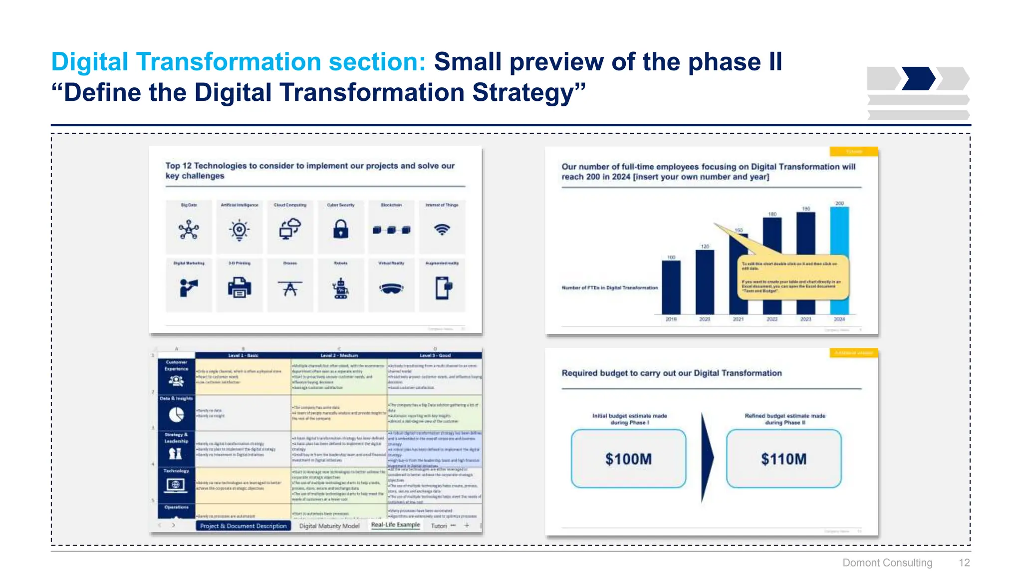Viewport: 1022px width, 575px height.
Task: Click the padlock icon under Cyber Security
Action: click(340, 230)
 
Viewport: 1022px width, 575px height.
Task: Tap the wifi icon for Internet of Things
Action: click(442, 230)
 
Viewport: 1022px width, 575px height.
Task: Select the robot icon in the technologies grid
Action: click(340, 288)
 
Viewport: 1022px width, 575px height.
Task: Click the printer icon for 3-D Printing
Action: click(240, 288)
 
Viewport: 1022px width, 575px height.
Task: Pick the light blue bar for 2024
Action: click(839, 260)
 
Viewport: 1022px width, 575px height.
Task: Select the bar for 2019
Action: click(671, 287)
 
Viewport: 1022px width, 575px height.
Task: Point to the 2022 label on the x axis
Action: click(772, 319)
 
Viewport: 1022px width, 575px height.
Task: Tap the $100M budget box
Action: click(628, 459)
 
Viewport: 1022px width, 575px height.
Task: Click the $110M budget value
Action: click(783, 459)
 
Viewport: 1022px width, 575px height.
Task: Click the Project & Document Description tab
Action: click(244, 526)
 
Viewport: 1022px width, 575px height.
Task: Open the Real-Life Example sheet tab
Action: click(395, 525)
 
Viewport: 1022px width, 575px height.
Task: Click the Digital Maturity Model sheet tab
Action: click(329, 526)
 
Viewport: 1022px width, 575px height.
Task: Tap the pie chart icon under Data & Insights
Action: click(176, 414)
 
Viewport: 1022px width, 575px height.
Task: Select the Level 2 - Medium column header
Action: click(339, 355)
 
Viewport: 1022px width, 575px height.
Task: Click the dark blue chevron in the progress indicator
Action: click(918, 78)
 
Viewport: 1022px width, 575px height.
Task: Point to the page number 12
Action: click(964, 563)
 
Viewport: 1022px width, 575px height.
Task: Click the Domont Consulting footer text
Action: click(887, 563)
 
